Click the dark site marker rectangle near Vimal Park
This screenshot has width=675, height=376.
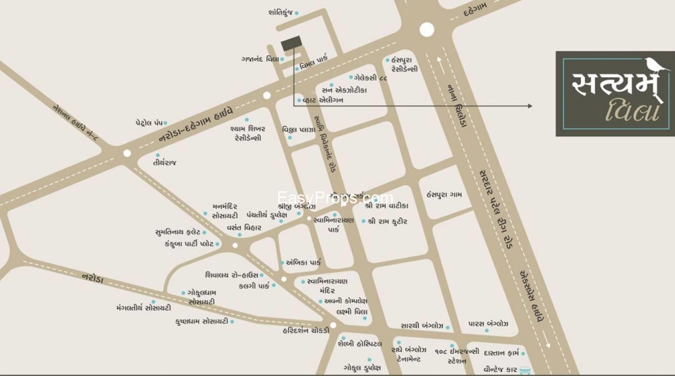tap(291, 43)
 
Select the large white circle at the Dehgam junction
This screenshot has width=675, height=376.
tap(427, 30)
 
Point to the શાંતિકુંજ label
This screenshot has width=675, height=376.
tap(280, 12)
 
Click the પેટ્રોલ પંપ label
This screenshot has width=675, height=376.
tap(148, 123)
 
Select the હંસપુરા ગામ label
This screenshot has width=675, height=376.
tap(444, 194)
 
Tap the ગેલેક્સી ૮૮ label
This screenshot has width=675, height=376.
tap(371, 78)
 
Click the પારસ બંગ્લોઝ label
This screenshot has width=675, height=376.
tap(488, 324)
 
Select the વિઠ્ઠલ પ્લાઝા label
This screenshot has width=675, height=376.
tap(299, 130)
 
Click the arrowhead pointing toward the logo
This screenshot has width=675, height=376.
tap(529, 106)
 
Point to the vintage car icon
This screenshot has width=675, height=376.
tap(524, 370)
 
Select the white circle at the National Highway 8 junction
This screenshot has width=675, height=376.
tap(127, 153)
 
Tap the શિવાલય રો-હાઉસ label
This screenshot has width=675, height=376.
tap(232, 275)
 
